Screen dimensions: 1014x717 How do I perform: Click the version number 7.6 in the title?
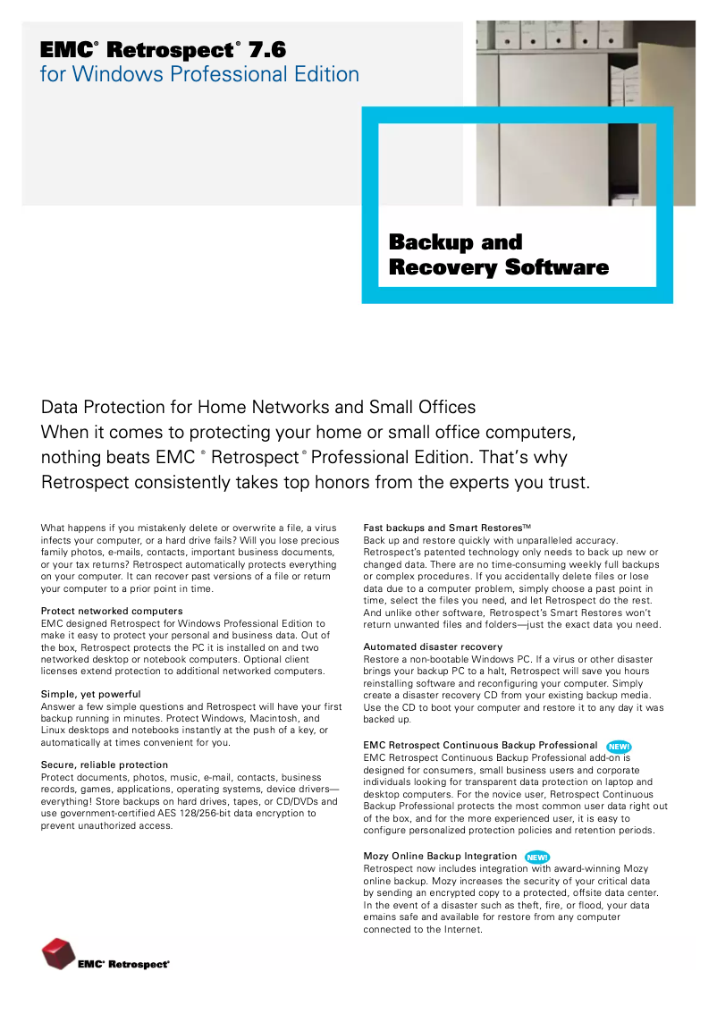point(267,50)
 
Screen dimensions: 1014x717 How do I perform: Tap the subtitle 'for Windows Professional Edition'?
point(199,74)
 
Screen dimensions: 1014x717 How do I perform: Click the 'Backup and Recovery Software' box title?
point(498,255)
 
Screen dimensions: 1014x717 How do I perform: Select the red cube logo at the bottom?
point(58,954)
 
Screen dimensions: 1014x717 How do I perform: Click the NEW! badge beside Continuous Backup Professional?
point(619,747)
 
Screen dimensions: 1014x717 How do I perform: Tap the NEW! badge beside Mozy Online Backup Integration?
point(537,858)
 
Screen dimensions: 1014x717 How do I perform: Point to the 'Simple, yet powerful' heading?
point(91,694)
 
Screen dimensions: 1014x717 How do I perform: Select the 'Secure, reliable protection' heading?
point(105,765)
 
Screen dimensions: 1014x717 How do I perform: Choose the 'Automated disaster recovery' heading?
point(433,646)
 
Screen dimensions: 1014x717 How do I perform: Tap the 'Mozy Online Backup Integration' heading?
point(440,856)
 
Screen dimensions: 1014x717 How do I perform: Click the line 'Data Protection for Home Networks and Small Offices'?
point(258,408)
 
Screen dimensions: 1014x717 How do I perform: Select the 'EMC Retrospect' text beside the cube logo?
point(123,965)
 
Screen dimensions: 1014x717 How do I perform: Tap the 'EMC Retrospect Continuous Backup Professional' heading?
point(480,745)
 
